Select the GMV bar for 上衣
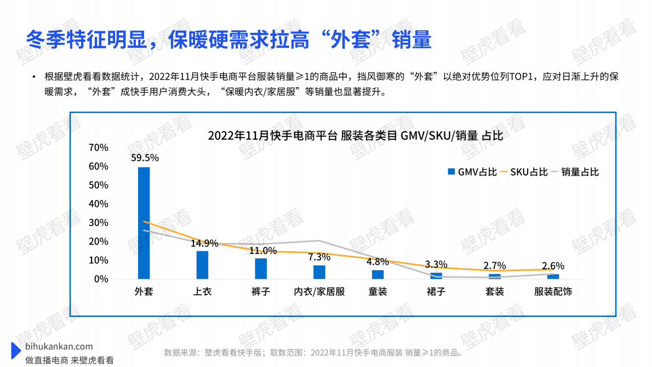pyautogui.click(x=202, y=265)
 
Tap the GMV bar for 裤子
pyautogui.click(x=261, y=269)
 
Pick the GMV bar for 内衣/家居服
pyautogui.click(x=319, y=272)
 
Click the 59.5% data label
pyautogui.click(x=145, y=158)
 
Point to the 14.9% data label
pyautogui.click(x=204, y=243)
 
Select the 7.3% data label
pyautogui.click(x=319, y=257)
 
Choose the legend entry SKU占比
pyautogui.click(x=524, y=172)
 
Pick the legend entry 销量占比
pyautogui.click(x=575, y=172)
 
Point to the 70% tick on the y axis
pyautogui.click(x=99, y=148)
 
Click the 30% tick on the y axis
pyautogui.click(x=99, y=223)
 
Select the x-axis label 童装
pyautogui.click(x=378, y=292)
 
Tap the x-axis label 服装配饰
pyautogui.click(x=553, y=292)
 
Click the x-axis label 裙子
pyautogui.click(x=436, y=292)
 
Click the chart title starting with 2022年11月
pyautogui.click(x=355, y=136)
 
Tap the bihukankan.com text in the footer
pyautogui.click(x=59, y=347)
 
